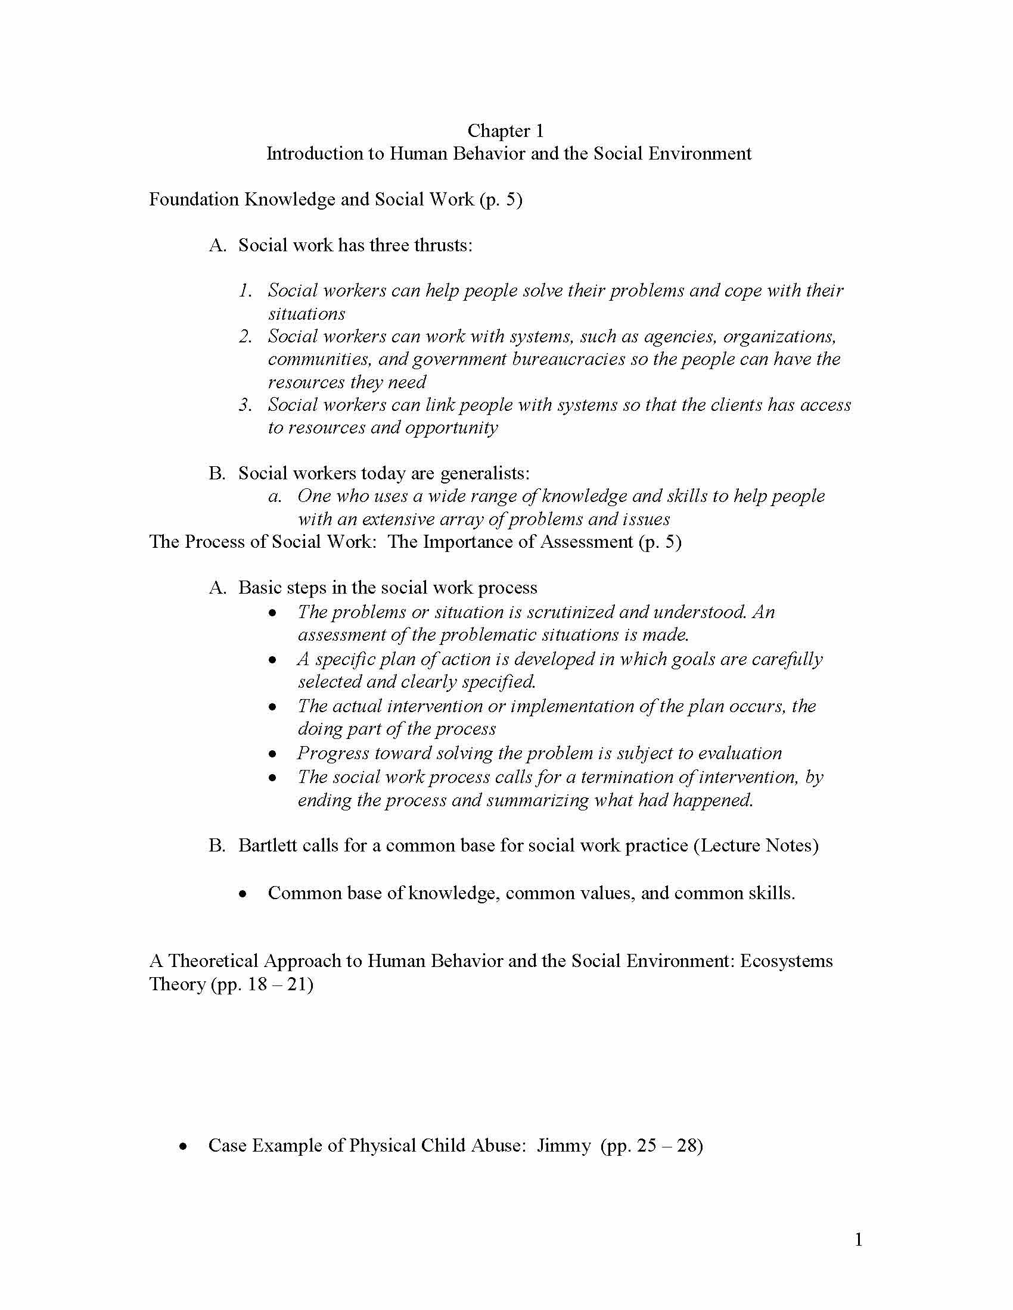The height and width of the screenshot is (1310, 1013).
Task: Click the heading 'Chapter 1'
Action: coord(505,131)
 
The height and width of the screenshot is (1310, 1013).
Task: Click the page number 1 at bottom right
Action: coord(858,1239)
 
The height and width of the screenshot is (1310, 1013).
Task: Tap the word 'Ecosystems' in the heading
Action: coord(786,961)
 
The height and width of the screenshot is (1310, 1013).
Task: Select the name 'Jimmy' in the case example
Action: coord(564,1146)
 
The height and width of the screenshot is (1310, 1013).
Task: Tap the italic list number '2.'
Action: coord(246,336)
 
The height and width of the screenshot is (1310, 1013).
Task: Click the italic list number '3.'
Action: coord(246,405)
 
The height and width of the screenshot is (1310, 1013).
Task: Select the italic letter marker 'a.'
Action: coord(275,497)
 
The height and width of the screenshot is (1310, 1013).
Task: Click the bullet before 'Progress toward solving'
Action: coord(273,754)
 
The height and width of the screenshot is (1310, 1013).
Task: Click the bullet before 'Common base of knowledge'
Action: coord(243,894)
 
